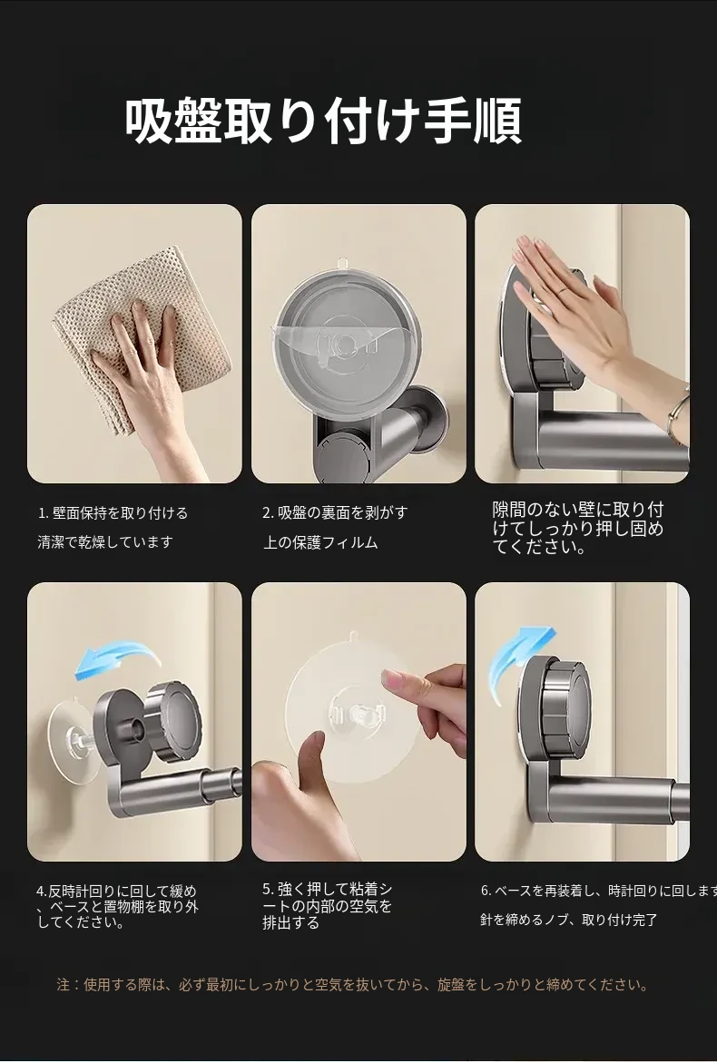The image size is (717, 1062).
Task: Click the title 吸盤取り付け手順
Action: [323, 122]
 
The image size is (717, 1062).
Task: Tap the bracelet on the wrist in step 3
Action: [675, 416]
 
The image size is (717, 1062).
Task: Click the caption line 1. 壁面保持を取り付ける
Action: [113, 513]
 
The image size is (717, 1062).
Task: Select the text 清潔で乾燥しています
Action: [105, 542]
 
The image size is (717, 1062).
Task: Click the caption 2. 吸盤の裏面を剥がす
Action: [336, 512]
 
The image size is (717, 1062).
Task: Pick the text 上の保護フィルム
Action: [320, 542]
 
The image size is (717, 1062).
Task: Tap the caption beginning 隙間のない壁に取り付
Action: [578, 529]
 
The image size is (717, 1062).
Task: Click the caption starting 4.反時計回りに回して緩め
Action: [117, 906]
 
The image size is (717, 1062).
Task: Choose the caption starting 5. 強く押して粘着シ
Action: [328, 905]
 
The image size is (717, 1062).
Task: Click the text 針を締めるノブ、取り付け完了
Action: [568, 920]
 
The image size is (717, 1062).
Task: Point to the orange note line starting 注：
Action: [352, 985]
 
